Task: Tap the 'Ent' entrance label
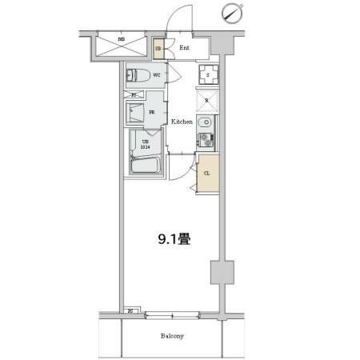pyautogui.click(x=184, y=47)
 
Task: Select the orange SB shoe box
pyautogui.click(x=158, y=48)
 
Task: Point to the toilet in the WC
pyautogui.click(x=138, y=76)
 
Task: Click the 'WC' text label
pyautogui.click(x=158, y=76)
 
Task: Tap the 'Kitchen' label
pyautogui.click(x=181, y=122)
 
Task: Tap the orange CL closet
pyautogui.click(x=206, y=173)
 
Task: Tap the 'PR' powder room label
pyautogui.click(x=151, y=113)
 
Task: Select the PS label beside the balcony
pyautogui.click(x=130, y=310)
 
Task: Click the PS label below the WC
pyautogui.click(x=133, y=94)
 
